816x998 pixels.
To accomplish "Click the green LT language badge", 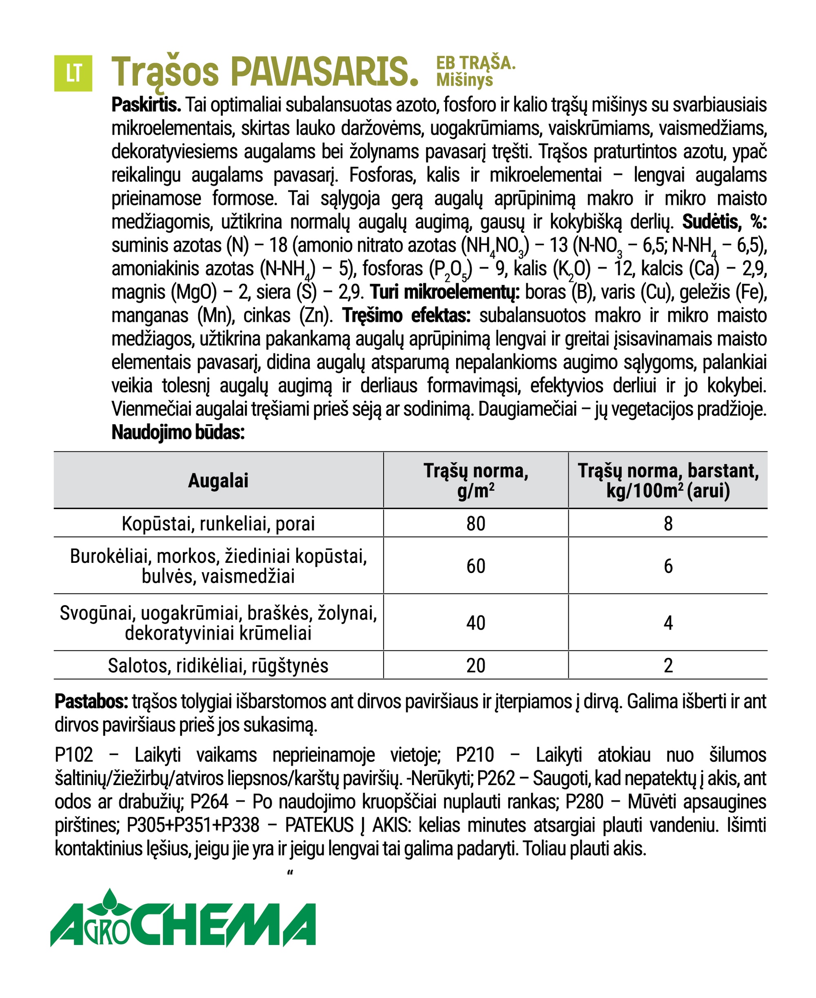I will click(x=73, y=73).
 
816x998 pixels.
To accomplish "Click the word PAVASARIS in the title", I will click(x=324, y=72).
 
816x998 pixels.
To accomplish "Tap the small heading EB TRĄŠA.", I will click(x=475, y=62).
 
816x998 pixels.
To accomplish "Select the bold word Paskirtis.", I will click(x=146, y=105).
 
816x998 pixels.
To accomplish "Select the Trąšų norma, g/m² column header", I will click(x=476, y=480).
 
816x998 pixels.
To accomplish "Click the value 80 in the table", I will click(x=476, y=523).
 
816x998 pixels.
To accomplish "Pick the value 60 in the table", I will click(x=476, y=566).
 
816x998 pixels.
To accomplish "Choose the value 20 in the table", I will click(x=476, y=666).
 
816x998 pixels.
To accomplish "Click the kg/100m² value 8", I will click(x=668, y=523).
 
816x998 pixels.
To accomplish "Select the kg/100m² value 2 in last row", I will click(x=668, y=666).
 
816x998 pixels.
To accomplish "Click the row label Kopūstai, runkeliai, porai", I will click(x=218, y=523).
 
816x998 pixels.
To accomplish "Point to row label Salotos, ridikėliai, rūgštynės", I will click(x=218, y=666).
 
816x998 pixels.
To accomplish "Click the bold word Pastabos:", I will click(x=91, y=701).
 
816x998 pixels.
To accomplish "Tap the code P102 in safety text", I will click(x=74, y=755).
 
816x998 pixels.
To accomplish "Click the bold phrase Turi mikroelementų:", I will click(x=445, y=292).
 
